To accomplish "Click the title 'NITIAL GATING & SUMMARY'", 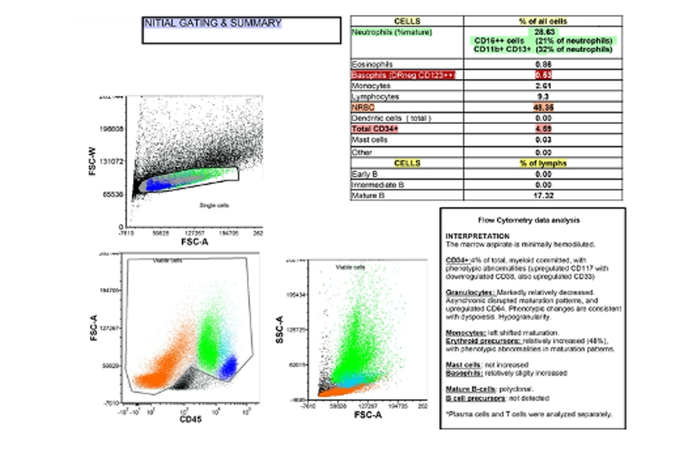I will click(213, 23).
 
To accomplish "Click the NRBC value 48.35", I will click(540, 106).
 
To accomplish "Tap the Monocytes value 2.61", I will click(540, 84).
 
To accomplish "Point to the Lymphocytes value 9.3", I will click(540, 95).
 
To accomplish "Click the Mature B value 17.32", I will click(540, 195).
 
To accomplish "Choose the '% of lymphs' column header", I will click(540, 162).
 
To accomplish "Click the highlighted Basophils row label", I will click(399, 73).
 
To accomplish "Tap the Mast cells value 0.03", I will click(540, 140).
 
